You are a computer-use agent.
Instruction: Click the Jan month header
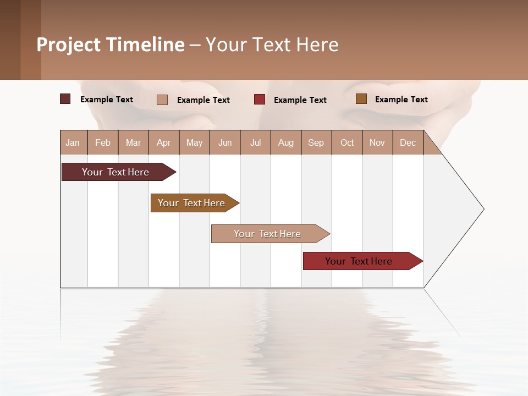click(x=73, y=142)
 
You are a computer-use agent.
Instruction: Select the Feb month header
click(x=103, y=142)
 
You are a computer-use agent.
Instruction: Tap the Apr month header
click(x=163, y=142)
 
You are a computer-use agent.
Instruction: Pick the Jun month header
click(x=225, y=142)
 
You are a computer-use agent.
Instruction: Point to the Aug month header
click(x=285, y=142)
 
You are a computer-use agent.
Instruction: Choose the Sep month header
click(x=316, y=142)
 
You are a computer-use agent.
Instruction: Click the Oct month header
click(x=347, y=142)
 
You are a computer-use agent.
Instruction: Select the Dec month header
click(x=408, y=142)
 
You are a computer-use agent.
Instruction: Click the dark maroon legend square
click(x=65, y=99)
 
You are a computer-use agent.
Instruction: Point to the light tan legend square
click(x=162, y=100)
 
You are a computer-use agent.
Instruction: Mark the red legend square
click(x=260, y=100)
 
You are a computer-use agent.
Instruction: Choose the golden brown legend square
click(x=361, y=99)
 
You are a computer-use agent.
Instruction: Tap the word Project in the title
click(x=69, y=45)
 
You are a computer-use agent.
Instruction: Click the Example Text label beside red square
click(x=300, y=100)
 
